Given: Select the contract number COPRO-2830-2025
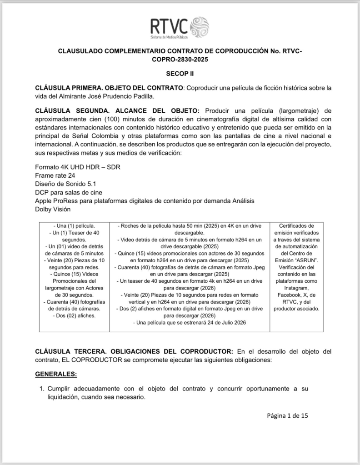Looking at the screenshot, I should coord(180,59).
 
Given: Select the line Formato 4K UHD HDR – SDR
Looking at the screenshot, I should coord(77,167).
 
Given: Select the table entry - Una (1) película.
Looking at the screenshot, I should coord(74,225).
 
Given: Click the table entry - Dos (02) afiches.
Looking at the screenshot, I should coord(74,315).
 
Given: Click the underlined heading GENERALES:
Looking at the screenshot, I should coord(56,374).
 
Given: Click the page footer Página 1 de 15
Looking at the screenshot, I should coord(288,415).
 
